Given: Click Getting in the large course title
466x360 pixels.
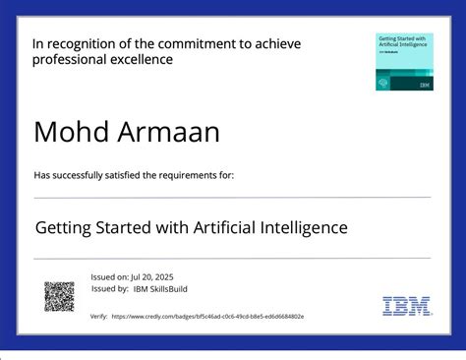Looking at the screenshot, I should (x=65, y=228).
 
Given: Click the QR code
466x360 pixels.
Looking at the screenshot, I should (x=59, y=296).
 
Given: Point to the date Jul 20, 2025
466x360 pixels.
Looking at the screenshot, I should (x=153, y=276).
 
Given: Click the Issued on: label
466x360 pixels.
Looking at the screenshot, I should (x=110, y=276).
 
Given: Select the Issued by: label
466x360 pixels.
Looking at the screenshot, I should (x=110, y=288).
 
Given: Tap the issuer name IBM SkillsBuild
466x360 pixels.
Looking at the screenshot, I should (x=161, y=288).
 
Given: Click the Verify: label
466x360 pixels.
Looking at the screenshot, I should (x=98, y=317).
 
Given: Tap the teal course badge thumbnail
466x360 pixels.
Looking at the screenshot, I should (x=404, y=62).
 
